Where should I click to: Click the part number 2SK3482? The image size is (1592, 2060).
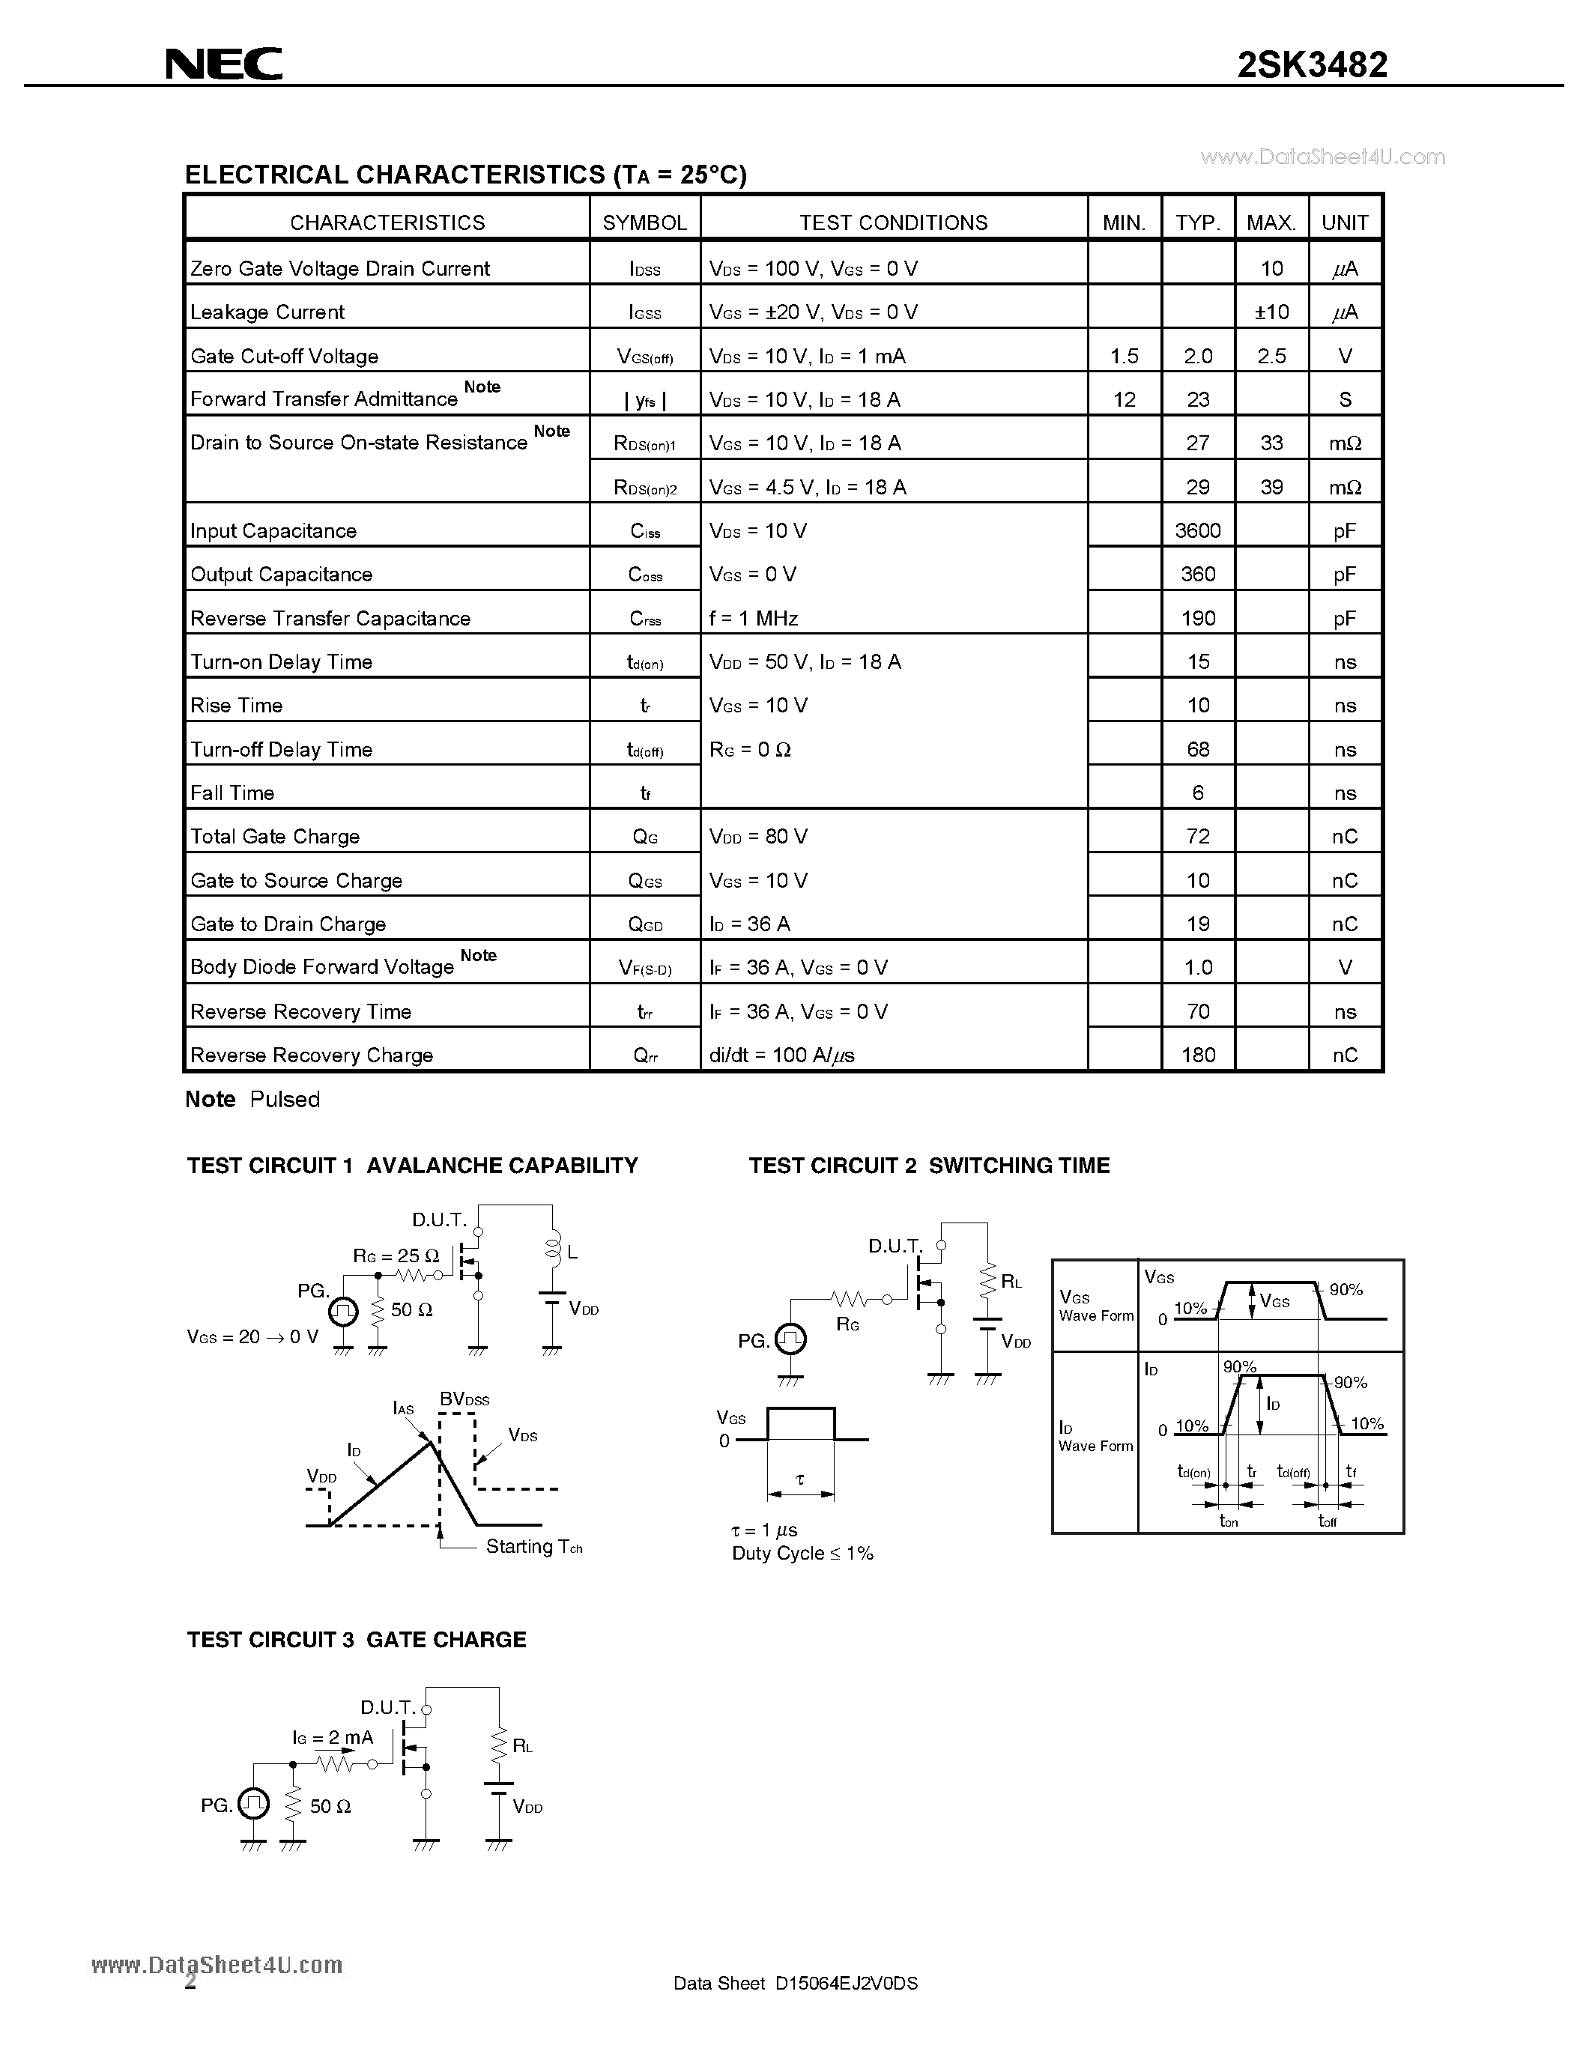(x=1312, y=65)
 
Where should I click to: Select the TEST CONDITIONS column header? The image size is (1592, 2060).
(x=893, y=222)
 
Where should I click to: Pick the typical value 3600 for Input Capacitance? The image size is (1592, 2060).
(x=1198, y=530)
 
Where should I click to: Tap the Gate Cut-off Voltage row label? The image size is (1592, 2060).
(x=284, y=357)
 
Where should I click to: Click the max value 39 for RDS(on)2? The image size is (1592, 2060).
(x=1271, y=487)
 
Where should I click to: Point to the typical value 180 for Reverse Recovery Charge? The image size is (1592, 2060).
(x=1198, y=1055)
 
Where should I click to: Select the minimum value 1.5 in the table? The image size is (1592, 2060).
(x=1125, y=357)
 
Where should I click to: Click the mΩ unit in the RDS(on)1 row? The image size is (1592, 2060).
(x=1345, y=443)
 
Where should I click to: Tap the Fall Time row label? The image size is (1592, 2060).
(x=232, y=793)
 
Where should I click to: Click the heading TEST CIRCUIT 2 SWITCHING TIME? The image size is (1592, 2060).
(x=929, y=1166)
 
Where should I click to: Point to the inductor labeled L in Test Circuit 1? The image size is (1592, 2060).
(x=553, y=1247)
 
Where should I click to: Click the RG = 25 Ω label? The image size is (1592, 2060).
(x=396, y=1255)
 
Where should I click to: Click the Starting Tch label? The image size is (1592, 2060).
(x=534, y=1547)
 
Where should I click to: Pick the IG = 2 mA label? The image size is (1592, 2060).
(x=332, y=1737)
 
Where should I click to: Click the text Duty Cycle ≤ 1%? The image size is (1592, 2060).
(x=802, y=1554)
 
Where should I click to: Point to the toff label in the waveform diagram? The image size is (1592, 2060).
(x=1327, y=1521)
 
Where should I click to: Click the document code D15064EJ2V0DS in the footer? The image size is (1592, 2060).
(x=846, y=1983)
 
